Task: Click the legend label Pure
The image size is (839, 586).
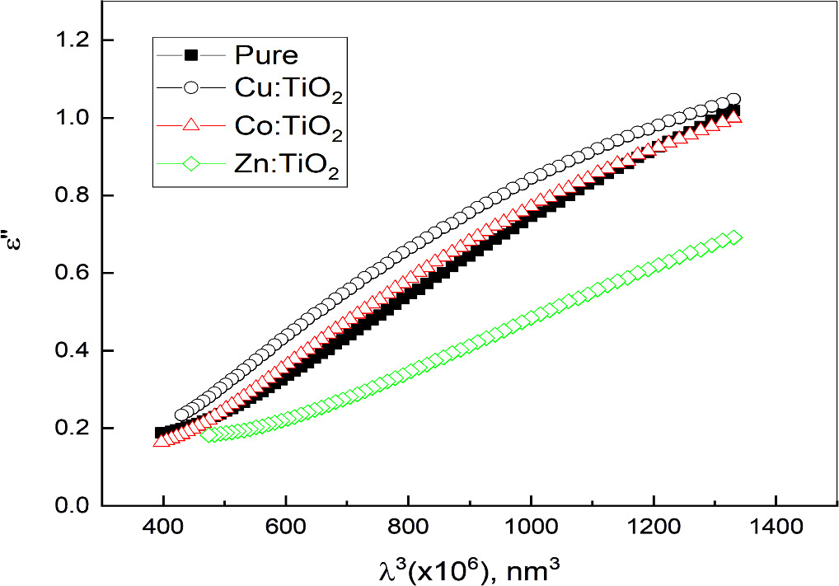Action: point(265,56)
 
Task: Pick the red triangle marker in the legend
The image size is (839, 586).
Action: point(190,126)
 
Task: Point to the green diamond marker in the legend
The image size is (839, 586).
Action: point(190,163)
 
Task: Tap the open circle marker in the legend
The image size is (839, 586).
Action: point(190,90)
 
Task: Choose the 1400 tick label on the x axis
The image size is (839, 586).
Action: point(775,525)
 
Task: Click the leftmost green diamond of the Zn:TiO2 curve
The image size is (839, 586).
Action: point(207,434)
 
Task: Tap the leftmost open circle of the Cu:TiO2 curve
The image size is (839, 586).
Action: point(181,415)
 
